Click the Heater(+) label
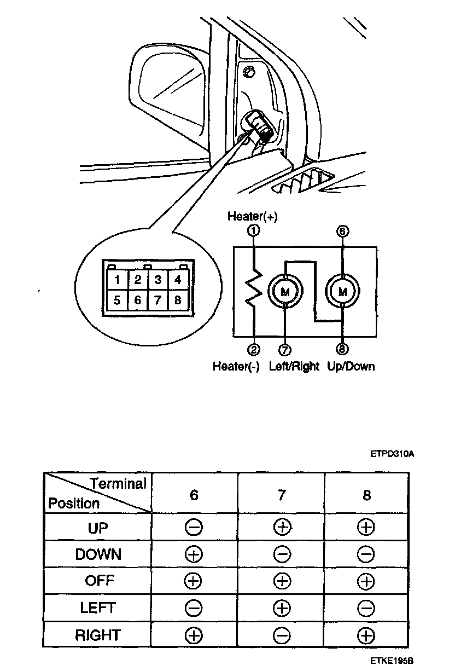tap(252, 217)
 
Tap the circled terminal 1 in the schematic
tap(253, 231)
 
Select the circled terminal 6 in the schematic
tap(342, 231)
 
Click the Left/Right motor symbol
tap(285, 292)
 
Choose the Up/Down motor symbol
tap(342, 292)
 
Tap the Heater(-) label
tap(236, 366)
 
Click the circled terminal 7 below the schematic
tap(284, 349)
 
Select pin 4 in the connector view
tap(177, 280)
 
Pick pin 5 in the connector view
tap(118, 300)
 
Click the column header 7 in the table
tap(281, 495)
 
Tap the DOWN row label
tap(98, 554)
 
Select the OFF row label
tap(98, 581)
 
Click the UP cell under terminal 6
tap(194, 528)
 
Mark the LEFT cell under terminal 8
tap(365, 608)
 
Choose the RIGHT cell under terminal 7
tap(281, 635)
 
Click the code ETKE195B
tap(391, 661)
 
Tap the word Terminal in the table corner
tap(118, 484)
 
